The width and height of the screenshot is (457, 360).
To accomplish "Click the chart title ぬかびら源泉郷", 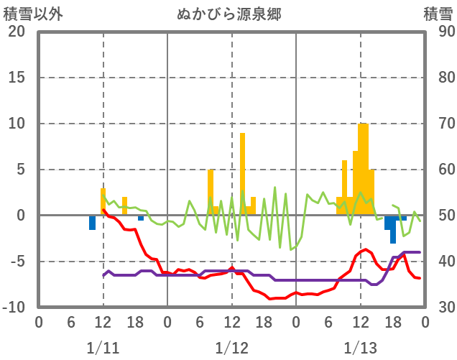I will (x=231, y=14).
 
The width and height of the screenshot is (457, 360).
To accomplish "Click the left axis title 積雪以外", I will (x=29, y=14).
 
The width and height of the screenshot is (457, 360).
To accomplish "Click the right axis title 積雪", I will (x=438, y=14).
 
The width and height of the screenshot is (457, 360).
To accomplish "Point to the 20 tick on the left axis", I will (x=17, y=32).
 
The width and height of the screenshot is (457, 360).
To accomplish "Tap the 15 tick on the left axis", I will (x=17, y=78).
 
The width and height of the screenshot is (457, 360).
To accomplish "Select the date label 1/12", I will (x=231, y=348).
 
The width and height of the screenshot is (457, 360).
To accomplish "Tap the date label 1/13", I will (x=360, y=348).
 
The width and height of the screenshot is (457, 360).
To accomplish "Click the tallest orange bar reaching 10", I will (x=363, y=169).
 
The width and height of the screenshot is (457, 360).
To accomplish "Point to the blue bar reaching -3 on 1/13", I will (x=393, y=229).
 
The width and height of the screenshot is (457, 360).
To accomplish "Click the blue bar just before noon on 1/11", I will (x=93, y=223).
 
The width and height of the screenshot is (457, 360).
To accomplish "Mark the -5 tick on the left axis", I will (x=17, y=262).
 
